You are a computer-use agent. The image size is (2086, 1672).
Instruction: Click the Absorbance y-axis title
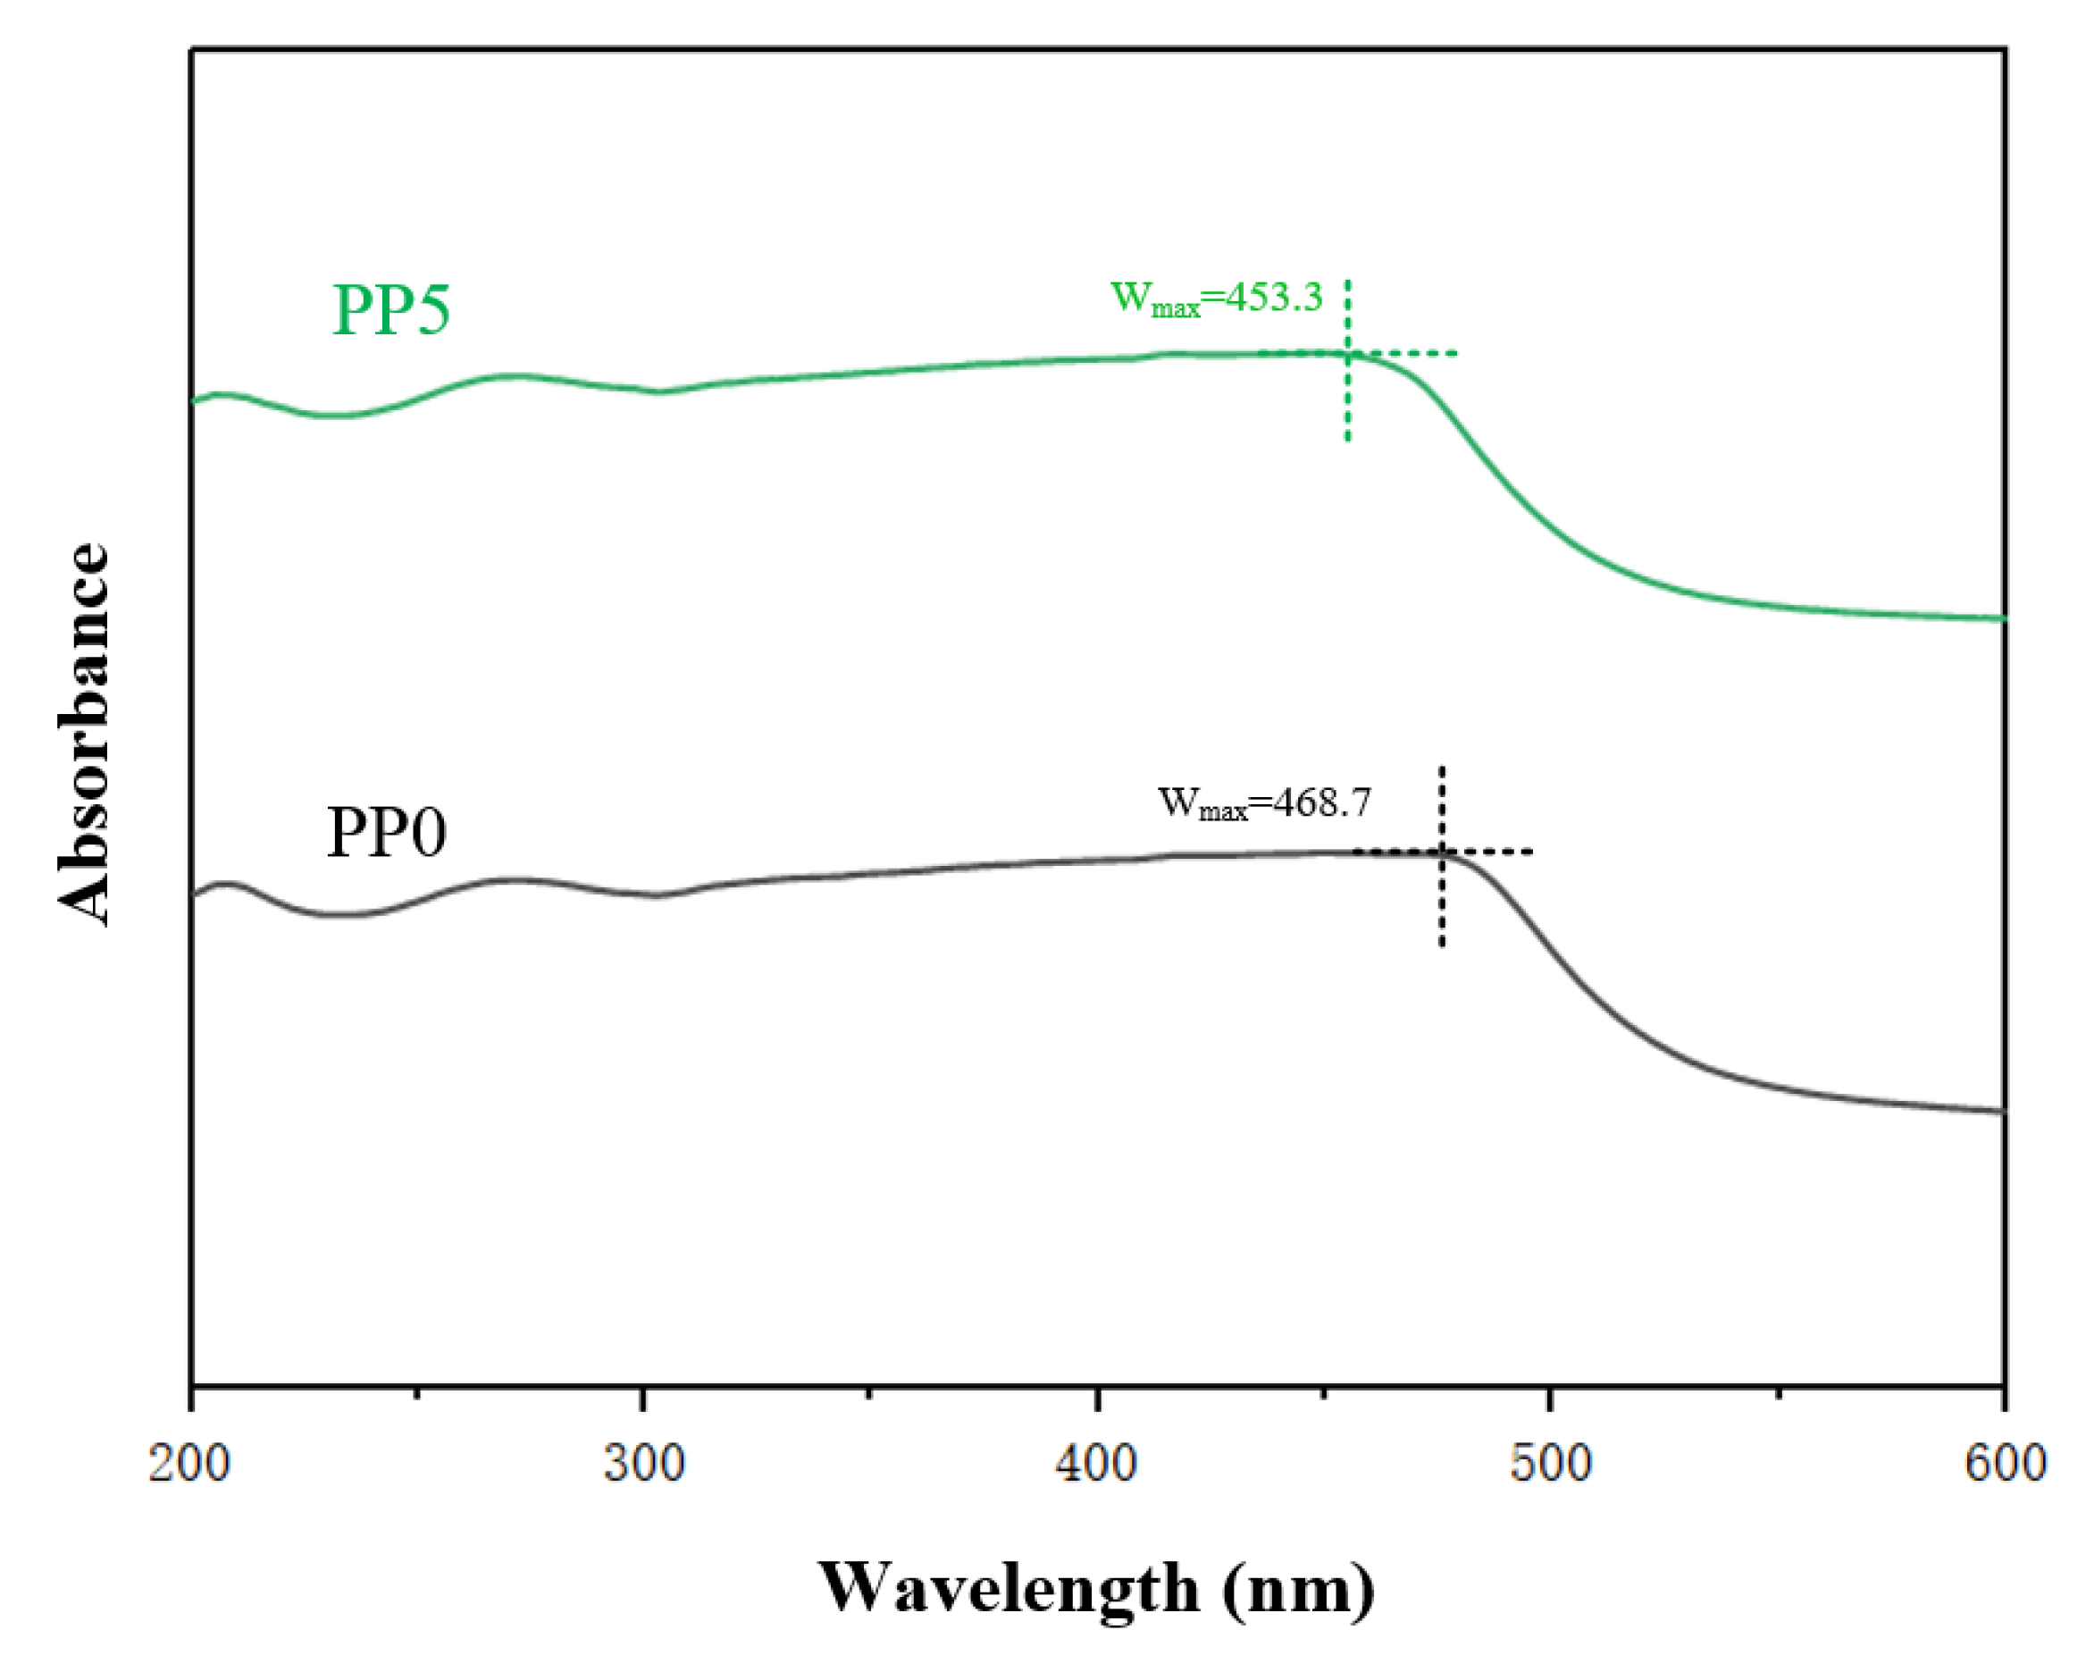pos(83,735)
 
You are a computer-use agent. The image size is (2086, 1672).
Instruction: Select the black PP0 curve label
pos(387,833)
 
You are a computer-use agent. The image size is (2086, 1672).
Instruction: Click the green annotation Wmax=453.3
pos(1216,298)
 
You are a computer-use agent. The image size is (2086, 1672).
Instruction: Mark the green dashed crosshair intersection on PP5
pos(1348,353)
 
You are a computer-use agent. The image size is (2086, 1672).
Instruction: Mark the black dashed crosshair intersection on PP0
pos(1442,853)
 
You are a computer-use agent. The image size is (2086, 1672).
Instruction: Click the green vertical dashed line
pos(1348,407)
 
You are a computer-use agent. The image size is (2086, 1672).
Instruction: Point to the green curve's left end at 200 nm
pos(196,399)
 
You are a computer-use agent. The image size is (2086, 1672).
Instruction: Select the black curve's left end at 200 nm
pos(196,894)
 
